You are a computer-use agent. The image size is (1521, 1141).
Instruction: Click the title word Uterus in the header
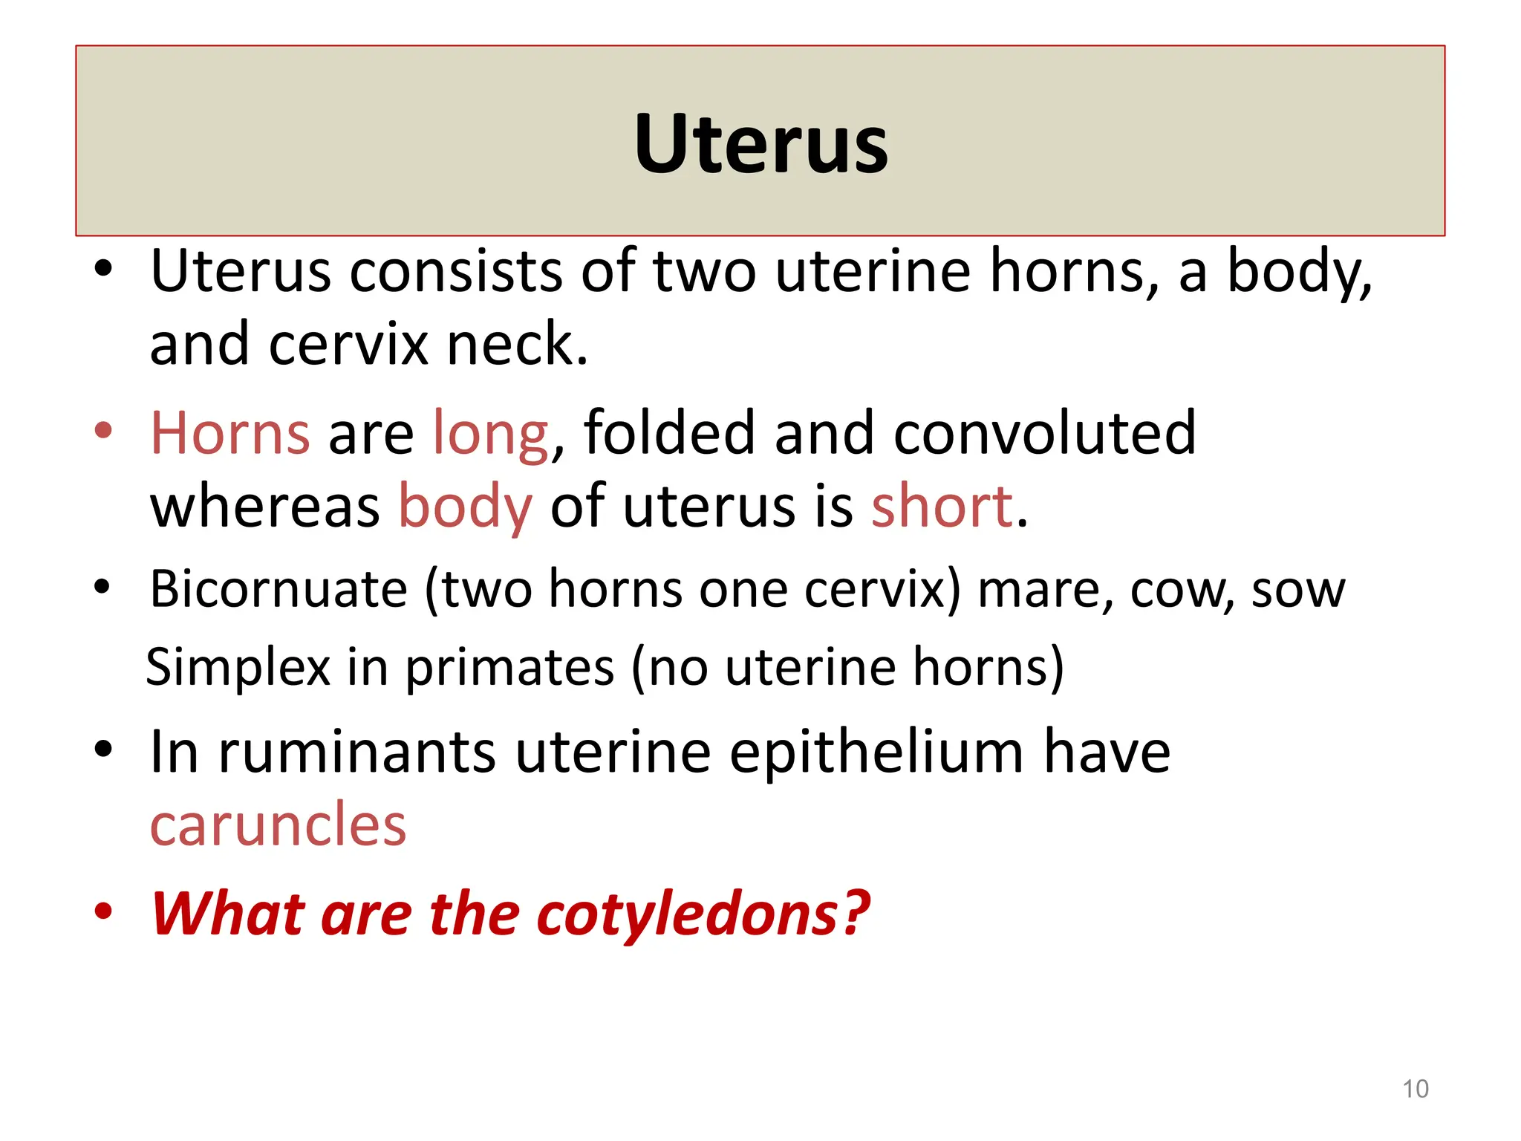click(760, 143)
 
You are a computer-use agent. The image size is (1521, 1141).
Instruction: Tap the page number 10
click(1415, 1089)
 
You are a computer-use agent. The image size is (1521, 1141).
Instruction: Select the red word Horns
click(230, 433)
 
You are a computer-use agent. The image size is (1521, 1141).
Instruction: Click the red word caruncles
click(278, 825)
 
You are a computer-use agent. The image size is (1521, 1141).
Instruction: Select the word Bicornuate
click(279, 589)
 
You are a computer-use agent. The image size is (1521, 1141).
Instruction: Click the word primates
click(509, 668)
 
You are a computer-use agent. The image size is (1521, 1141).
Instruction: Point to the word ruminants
click(357, 752)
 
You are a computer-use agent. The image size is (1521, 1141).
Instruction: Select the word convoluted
click(1044, 433)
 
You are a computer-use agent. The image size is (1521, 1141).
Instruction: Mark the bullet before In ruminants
click(103, 750)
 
